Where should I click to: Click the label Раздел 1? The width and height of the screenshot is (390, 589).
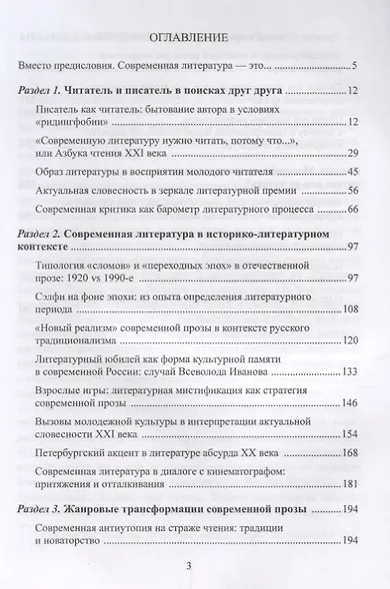click(47, 91)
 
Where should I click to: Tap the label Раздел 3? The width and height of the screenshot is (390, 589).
click(47, 510)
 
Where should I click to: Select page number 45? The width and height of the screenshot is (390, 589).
click(352, 172)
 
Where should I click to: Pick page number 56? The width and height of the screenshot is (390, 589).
click(352, 191)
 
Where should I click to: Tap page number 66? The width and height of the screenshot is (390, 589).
click(352, 211)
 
